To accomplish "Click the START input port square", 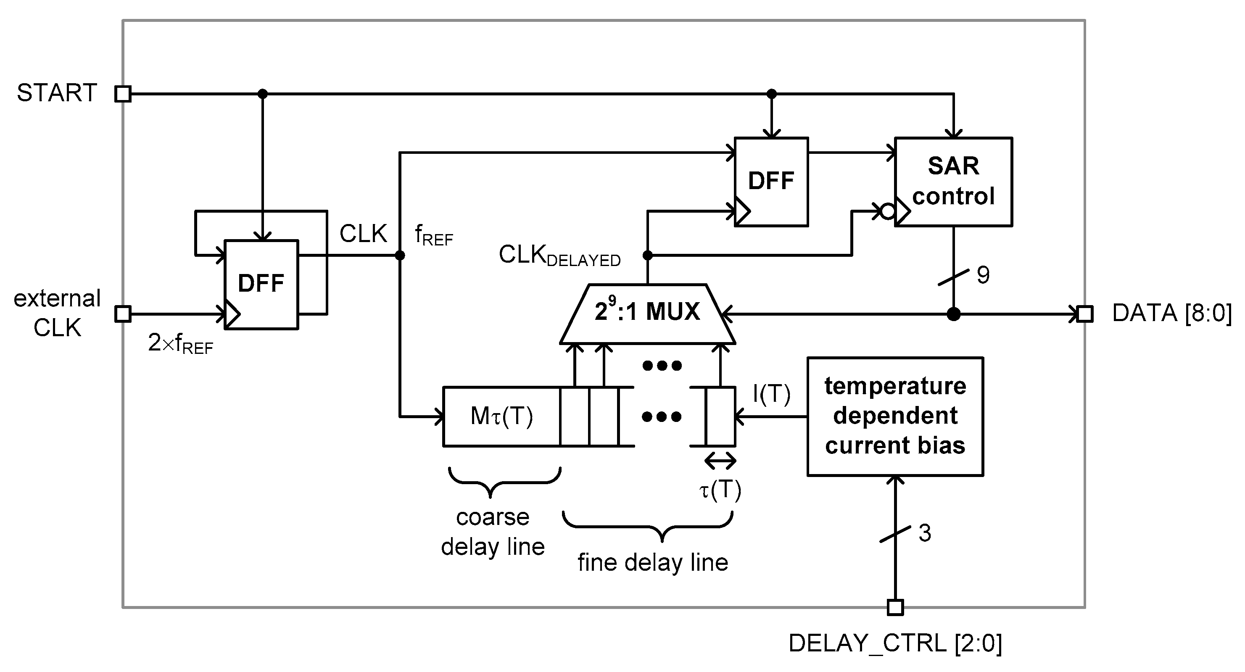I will (x=123, y=94).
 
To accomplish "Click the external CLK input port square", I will (x=123, y=314).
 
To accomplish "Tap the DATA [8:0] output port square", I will (x=1085, y=314).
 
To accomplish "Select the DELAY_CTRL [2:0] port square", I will (x=895, y=607).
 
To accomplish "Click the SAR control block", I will (x=953, y=182).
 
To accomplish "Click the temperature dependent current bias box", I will (x=895, y=416).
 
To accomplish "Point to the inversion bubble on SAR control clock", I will (x=887, y=211).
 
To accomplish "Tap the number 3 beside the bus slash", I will (x=925, y=533).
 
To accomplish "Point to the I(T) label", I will (x=771, y=394).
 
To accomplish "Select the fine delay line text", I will (x=652, y=563).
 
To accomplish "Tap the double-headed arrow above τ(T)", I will (x=720, y=461).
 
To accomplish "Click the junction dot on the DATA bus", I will (x=953, y=314).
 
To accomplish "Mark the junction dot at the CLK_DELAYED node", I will (x=648, y=255).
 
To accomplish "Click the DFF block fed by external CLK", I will (x=261, y=285).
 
